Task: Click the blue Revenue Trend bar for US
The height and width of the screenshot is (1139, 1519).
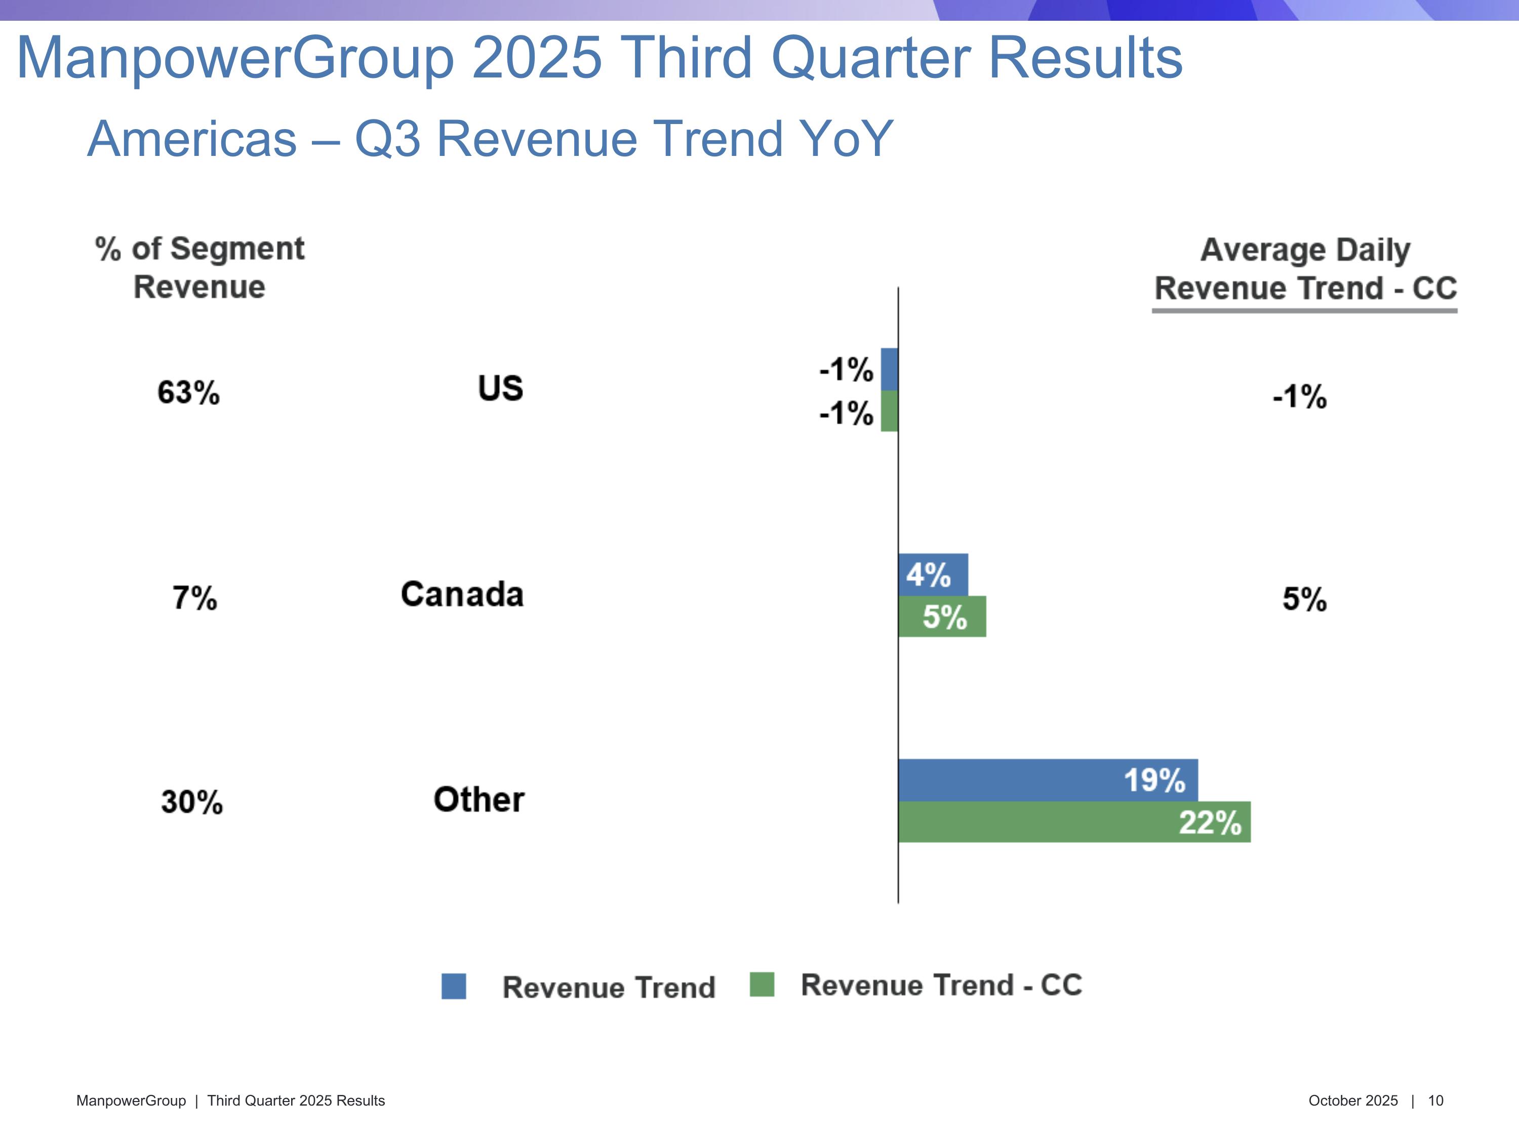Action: (889, 370)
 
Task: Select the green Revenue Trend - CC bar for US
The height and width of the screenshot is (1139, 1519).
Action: (889, 411)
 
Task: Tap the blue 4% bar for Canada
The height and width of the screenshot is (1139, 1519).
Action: (933, 575)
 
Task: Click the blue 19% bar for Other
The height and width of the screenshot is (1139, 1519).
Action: (1047, 780)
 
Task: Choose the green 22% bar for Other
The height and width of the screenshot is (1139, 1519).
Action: (1073, 822)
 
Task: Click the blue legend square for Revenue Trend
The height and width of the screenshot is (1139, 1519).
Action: (453, 986)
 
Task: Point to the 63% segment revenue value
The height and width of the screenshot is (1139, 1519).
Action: (188, 393)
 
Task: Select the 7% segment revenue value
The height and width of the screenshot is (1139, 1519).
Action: (194, 598)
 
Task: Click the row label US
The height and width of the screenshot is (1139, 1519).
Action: (501, 389)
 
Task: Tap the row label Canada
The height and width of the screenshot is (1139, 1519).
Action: (462, 595)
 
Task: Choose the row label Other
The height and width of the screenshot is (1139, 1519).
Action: (478, 800)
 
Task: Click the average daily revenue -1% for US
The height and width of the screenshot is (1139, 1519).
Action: (1299, 397)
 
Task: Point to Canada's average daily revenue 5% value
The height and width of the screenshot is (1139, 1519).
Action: (1304, 599)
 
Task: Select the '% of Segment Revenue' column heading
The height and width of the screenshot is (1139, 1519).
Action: (199, 268)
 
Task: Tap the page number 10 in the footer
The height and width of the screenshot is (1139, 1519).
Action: (1435, 1101)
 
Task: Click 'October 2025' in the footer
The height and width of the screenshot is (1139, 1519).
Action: (1353, 1101)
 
